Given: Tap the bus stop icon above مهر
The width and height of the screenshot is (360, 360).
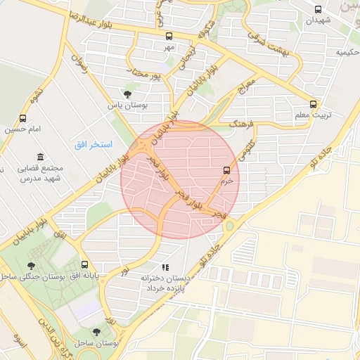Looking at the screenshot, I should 169,36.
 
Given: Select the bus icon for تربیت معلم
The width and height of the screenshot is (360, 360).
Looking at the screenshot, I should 314,102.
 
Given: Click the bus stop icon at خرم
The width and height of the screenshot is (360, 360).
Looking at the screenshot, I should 226,170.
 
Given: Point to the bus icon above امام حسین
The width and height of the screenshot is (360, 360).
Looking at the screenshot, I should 23,118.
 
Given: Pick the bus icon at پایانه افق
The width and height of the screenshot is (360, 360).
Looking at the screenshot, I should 85,265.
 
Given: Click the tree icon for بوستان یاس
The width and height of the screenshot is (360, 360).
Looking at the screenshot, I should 127,94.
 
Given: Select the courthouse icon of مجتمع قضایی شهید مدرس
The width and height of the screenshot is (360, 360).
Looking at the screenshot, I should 39,156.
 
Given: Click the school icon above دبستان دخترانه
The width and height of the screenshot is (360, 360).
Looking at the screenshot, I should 166,267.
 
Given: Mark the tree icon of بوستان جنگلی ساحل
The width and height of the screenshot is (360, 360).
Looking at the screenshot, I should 30,266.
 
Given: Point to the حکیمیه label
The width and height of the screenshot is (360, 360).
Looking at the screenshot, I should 347,53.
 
